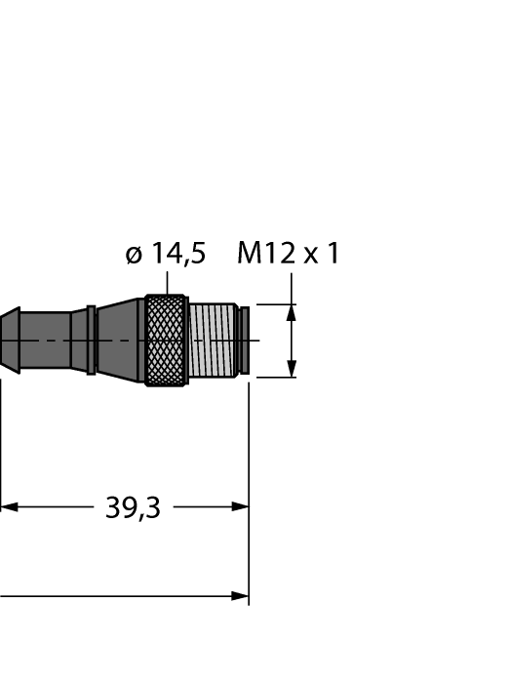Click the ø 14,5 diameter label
166,254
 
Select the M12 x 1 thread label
288,253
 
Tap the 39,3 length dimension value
134,507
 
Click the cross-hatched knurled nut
167,341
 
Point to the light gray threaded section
214,341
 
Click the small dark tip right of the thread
245,341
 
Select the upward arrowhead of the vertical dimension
292,313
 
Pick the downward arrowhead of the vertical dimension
292,369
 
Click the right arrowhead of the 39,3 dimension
240,507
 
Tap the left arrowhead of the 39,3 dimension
9,507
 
